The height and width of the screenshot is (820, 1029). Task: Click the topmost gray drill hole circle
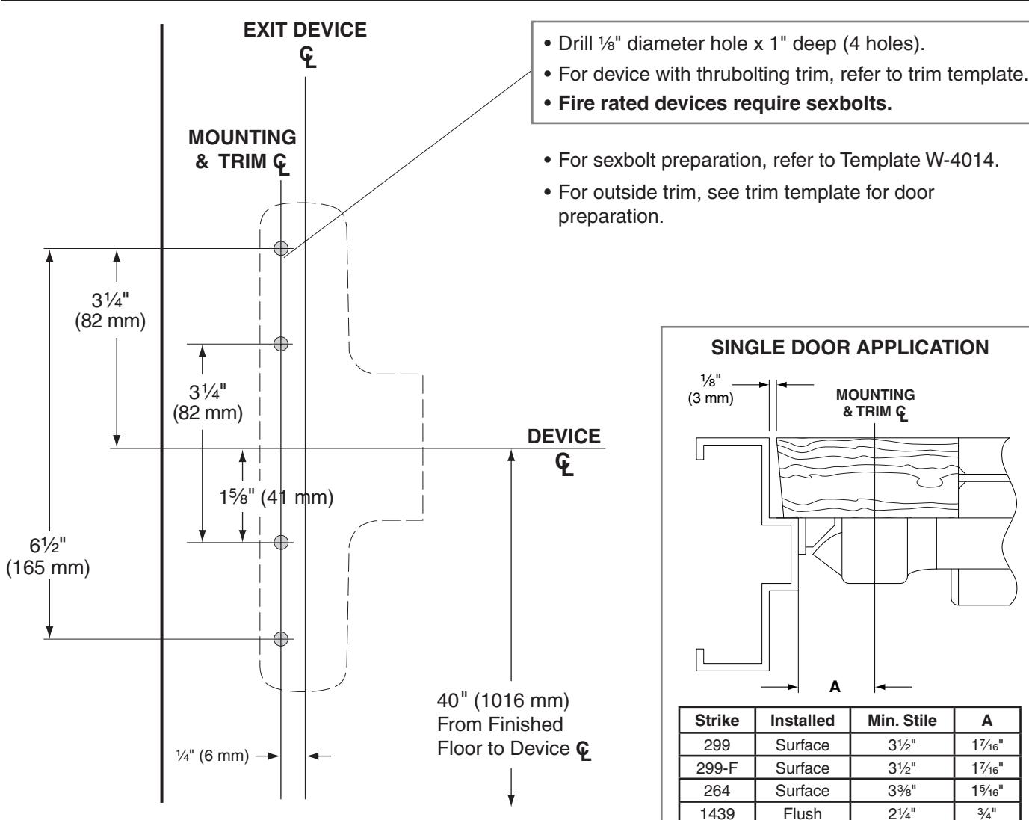click(x=281, y=248)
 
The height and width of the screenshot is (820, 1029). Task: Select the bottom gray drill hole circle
click(x=281, y=638)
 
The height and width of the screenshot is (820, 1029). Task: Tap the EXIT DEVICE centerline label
click(x=305, y=44)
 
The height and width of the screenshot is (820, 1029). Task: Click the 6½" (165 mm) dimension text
click(x=48, y=556)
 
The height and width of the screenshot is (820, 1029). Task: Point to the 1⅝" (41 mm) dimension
click(x=276, y=497)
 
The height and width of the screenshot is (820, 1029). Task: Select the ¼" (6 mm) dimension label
click(x=212, y=756)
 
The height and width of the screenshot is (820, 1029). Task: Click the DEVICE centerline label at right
click(x=564, y=451)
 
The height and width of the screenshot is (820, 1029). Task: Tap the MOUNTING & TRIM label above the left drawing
click(x=242, y=151)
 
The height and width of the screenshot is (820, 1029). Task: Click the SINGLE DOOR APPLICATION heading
click(x=850, y=348)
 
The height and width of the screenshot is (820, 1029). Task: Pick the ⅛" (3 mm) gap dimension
click(x=711, y=389)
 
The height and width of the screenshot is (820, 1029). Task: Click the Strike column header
click(x=717, y=720)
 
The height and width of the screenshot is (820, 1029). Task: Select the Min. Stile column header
click(x=902, y=720)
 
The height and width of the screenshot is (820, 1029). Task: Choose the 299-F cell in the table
click(x=717, y=768)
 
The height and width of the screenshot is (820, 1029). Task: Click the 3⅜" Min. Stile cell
click(x=902, y=790)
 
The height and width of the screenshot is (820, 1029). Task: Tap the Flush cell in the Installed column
click(x=803, y=813)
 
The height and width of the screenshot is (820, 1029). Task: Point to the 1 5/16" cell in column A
click(x=987, y=790)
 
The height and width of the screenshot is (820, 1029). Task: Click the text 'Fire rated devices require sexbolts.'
click(x=725, y=103)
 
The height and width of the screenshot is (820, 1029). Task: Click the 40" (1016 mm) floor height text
click(x=503, y=701)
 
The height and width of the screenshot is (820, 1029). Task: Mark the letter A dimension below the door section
click(x=835, y=687)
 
